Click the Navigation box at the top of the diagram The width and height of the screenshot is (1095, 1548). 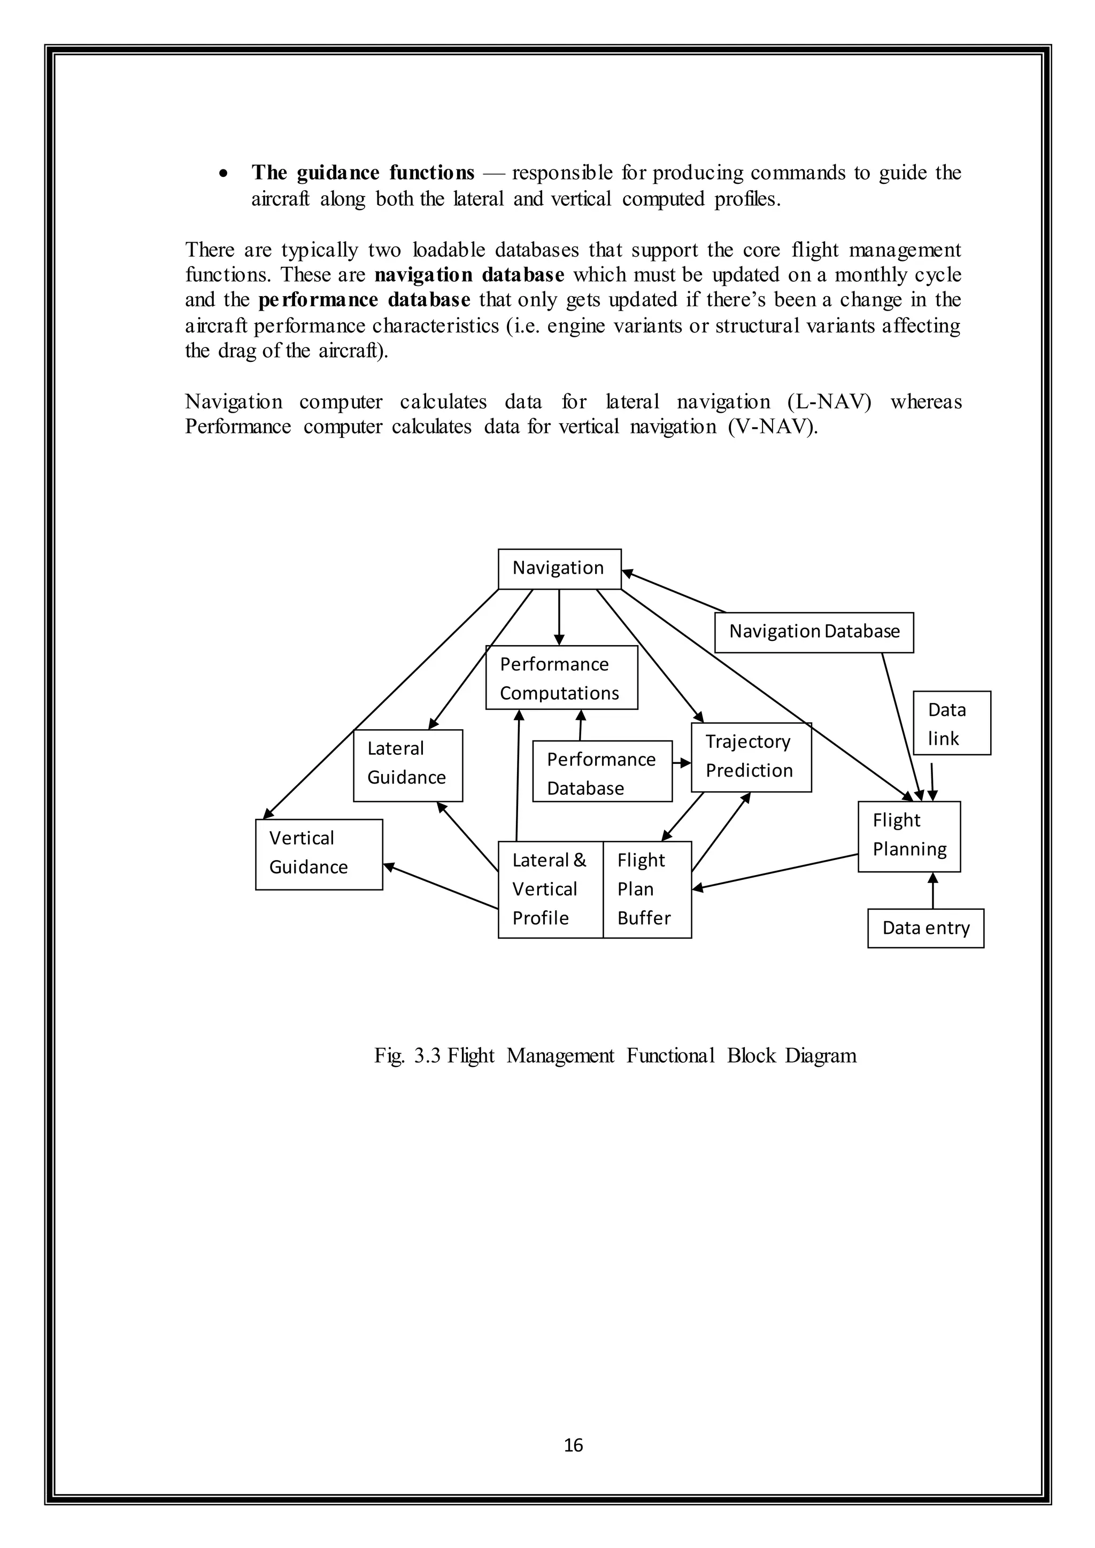[x=559, y=568]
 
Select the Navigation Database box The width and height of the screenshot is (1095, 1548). [x=814, y=632]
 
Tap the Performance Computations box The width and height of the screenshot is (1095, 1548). [x=561, y=678]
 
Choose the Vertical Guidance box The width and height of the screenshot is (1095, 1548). [x=318, y=854]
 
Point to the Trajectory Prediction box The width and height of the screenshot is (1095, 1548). [x=751, y=756]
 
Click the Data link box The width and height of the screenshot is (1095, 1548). [x=951, y=723]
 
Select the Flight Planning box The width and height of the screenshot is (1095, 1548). [x=908, y=836]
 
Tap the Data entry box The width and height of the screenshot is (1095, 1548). [x=925, y=928]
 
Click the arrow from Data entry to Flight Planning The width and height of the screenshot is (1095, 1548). [x=932, y=891]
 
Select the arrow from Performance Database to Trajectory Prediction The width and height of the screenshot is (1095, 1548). [x=682, y=763]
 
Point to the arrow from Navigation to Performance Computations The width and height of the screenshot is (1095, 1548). [x=559, y=617]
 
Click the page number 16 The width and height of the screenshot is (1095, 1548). [x=573, y=1444]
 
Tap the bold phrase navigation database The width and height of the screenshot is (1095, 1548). [x=468, y=275]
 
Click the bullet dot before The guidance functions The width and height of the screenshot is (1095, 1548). [x=223, y=174]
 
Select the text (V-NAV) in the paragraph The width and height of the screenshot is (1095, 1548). [x=772, y=427]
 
